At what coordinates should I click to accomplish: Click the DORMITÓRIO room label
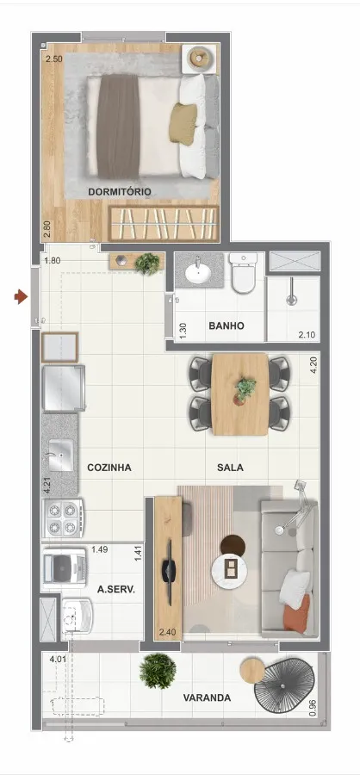pos(120,192)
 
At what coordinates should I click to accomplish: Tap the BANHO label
pos(227,325)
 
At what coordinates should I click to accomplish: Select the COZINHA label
pos(109,467)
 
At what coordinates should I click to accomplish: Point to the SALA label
pos(230,467)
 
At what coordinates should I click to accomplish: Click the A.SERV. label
pos(116,589)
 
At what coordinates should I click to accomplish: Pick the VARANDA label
pos(207,697)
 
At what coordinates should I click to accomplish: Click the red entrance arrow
pos(21,297)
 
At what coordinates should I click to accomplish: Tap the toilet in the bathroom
pos(242,273)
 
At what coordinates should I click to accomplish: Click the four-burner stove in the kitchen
pos(63,518)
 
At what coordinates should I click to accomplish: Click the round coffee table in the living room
pos(229,570)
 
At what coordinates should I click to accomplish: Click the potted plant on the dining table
pos(245,390)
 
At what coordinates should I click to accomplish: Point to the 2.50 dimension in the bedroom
pos(54,59)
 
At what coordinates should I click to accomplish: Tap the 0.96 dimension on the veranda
pos(312,707)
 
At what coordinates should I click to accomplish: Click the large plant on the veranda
pos(158,671)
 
